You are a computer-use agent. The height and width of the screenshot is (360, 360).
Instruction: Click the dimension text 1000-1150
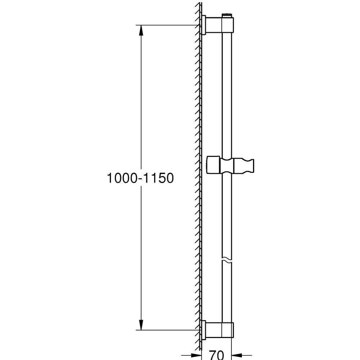(x=140, y=178)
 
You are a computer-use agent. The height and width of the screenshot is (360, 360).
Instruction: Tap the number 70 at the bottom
(x=216, y=355)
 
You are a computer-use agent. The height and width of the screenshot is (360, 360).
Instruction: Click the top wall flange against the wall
(x=204, y=25)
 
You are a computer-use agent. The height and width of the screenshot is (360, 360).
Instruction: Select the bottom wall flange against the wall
(x=204, y=329)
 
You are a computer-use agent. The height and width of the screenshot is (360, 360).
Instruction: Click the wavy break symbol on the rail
(x=227, y=259)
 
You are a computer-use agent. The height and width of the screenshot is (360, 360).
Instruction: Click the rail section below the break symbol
(x=227, y=292)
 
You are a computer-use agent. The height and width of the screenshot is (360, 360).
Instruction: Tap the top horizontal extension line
(x=169, y=25)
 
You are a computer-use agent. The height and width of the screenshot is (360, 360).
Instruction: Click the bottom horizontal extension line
(x=169, y=329)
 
